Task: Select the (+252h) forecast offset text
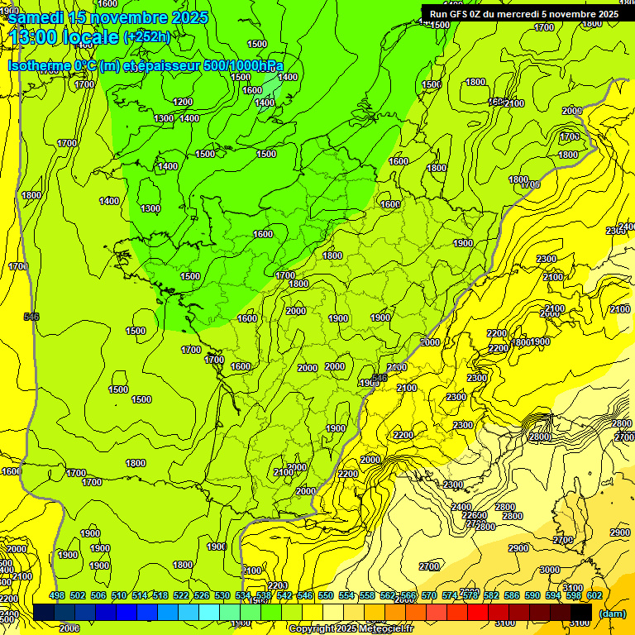(146, 37)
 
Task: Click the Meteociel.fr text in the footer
(391, 629)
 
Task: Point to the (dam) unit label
(612, 614)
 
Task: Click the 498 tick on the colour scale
(57, 595)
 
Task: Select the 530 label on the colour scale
(222, 595)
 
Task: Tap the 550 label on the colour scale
(326, 595)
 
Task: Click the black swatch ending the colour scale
(581, 612)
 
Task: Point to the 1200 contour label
(184, 102)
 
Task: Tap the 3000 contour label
(549, 570)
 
